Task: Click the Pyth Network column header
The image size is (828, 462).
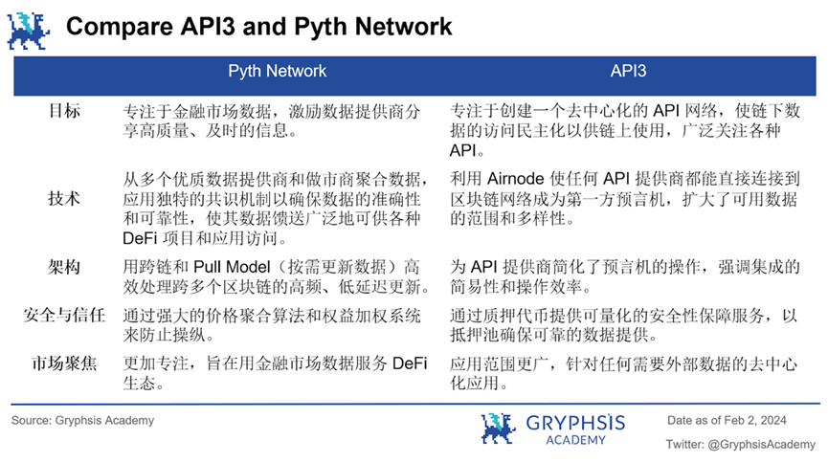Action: (277, 71)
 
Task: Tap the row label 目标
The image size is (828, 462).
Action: (65, 111)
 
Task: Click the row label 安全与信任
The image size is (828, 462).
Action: (65, 315)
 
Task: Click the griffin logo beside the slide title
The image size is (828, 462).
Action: (29, 30)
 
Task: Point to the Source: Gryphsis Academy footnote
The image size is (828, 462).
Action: (82, 420)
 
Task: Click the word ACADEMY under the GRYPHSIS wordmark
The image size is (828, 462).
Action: (574, 440)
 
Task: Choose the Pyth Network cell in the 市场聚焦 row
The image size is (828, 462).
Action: (276, 373)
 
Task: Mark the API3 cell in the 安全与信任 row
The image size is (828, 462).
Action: (622, 324)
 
